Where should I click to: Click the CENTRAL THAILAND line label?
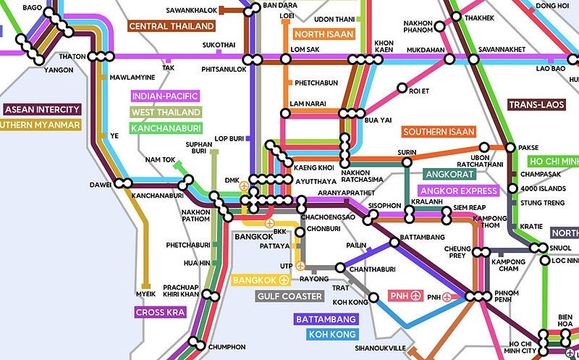click(172, 26)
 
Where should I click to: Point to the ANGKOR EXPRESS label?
click(459, 191)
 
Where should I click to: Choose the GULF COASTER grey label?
click(289, 296)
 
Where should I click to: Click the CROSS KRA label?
click(160, 313)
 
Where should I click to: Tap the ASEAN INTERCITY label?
click(42, 109)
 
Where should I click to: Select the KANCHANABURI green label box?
click(164, 128)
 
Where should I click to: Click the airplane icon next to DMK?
click(244, 186)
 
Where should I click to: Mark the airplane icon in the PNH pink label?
click(415, 296)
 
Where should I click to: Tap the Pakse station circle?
click(512, 147)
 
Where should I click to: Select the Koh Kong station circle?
click(374, 297)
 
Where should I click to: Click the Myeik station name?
click(146, 294)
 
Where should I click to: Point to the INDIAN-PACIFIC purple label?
click(164, 96)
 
